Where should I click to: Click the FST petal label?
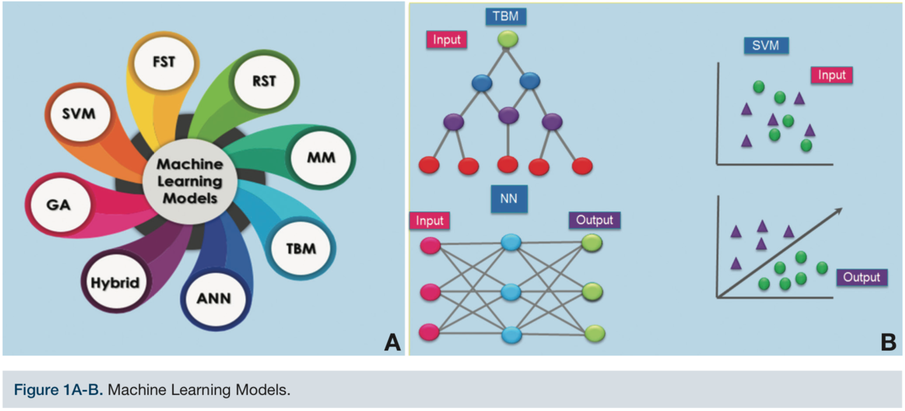[x=164, y=62]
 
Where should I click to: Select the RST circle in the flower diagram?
[x=264, y=81]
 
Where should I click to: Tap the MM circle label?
[x=321, y=158]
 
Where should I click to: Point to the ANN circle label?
[x=213, y=298]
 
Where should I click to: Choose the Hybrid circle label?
[x=115, y=282]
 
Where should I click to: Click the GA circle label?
[x=58, y=205]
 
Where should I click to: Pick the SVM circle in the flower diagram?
[x=79, y=114]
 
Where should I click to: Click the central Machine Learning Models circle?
[x=190, y=181]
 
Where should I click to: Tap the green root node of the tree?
[x=508, y=39]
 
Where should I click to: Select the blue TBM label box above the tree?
[x=505, y=16]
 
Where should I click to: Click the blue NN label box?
[x=509, y=199]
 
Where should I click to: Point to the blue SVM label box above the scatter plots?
[x=766, y=45]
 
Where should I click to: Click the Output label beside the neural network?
[x=595, y=220]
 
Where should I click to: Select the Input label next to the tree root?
[x=446, y=40]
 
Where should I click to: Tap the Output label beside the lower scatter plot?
[x=862, y=277]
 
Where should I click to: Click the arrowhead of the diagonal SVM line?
[x=839, y=211]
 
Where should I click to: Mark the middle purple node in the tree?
[x=508, y=116]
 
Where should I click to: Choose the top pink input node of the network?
[x=430, y=246]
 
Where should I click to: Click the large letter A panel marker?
[x=392, y=342]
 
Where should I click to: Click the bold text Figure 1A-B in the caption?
[x=58, y=390]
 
